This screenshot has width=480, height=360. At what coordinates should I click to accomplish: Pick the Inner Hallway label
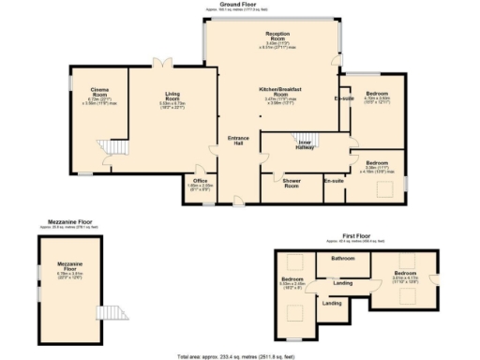pyautogui.click(x=306, y=142)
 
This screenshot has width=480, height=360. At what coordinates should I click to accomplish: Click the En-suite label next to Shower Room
pyautogui.click(x=334, y=179)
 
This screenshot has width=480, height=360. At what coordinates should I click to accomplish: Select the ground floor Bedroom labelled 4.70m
pyautogui.click(x=378, y=94)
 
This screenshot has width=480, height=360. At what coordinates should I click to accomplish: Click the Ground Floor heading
pyautogui.click(x=239, y=4)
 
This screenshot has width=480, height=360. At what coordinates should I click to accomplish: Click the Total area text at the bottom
pyautogui.click(x=240, y=356)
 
